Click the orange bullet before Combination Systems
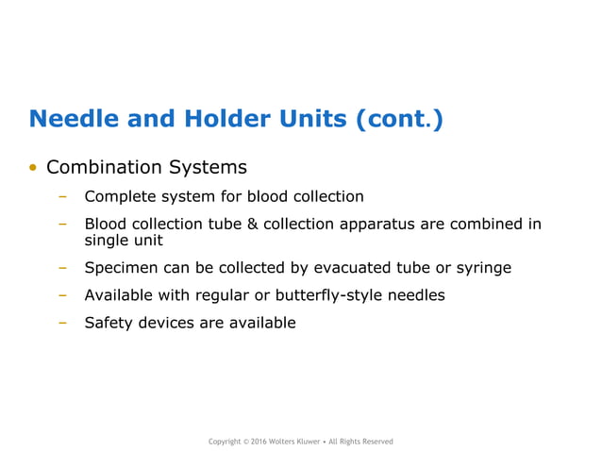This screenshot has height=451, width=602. point(33,169)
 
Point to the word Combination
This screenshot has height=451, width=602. point(104,168)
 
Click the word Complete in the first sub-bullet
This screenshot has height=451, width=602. point(119,197)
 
